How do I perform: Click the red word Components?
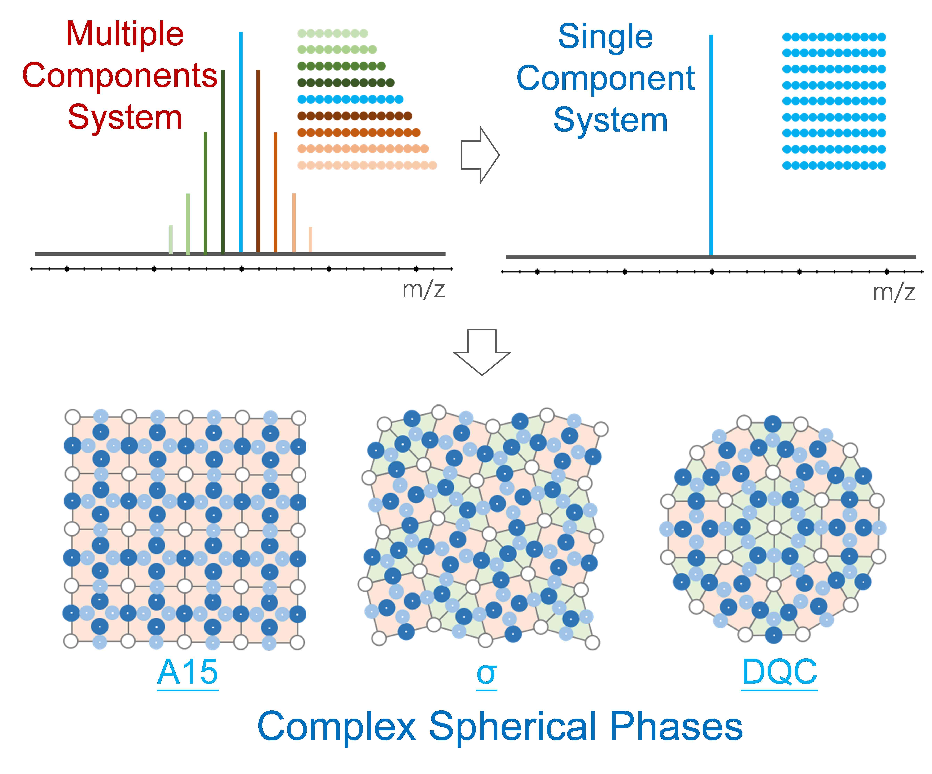click(120, 75)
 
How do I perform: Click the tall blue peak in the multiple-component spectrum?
click(241, 142)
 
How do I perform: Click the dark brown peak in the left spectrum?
click(258, 161)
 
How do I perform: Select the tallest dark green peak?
click(223, 161)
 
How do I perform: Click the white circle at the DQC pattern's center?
click(774, 528)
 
